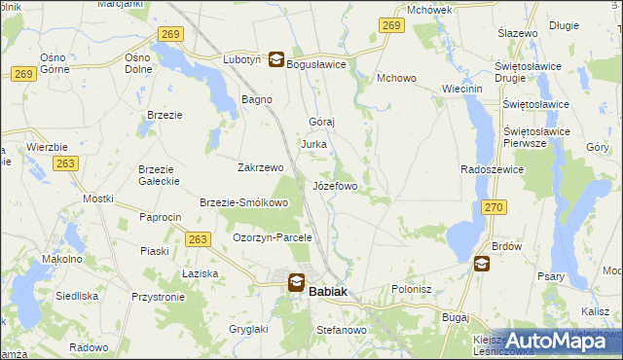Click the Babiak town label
[x=328, y=290]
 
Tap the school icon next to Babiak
[x=295, y=282]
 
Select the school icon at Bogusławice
[x=276, y=59]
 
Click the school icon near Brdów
[x=482, y=263]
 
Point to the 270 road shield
[x=494, y=207]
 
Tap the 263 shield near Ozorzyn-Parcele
[x=199, y=238]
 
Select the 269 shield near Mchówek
[x=391, y=26]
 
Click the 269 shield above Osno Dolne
[x=169, y=34]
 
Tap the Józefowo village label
[x=335, y=185]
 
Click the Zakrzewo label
[x=260, y=167]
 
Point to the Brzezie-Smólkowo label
[x=243, y=203]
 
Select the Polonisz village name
[x=411, y=289]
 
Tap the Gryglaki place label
[x=222, y=330]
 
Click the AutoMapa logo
[x=559, y=341]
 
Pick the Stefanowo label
[x=341, y=331]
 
